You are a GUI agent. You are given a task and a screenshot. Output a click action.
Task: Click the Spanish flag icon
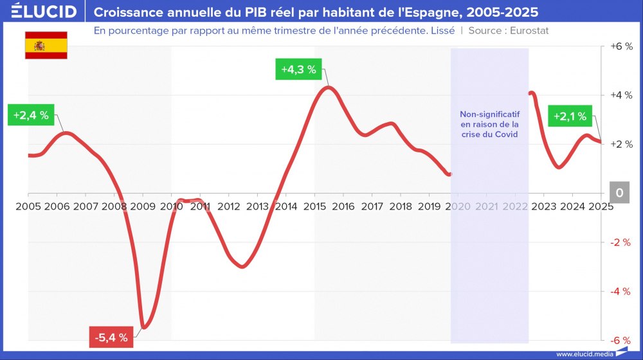point(46,46)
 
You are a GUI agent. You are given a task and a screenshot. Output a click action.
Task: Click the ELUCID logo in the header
point(44,12)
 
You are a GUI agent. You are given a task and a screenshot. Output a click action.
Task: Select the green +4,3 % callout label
point(299,69)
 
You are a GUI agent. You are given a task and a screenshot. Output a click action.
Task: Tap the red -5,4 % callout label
point(111,337)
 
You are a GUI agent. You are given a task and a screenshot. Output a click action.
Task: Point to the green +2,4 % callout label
point(31,115)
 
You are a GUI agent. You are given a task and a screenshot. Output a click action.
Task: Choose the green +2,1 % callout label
point(570,116)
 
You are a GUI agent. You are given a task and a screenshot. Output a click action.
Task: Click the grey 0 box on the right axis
point(619,193)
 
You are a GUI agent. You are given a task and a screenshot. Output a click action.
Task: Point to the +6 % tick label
point(620,47)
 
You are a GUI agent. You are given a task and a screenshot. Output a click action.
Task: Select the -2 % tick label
point(621,242)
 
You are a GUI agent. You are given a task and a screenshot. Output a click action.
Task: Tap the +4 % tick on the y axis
point(620,96)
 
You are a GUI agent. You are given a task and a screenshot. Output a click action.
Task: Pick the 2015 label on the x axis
point(314,206)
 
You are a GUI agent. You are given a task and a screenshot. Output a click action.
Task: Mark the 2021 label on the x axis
point(486,206)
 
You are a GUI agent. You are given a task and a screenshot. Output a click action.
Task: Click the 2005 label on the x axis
point(28,206)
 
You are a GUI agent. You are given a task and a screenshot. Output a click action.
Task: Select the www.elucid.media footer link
point(584,354)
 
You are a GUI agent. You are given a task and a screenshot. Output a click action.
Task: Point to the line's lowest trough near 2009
point(143,327)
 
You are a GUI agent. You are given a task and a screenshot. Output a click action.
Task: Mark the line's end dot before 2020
point(450,174)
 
